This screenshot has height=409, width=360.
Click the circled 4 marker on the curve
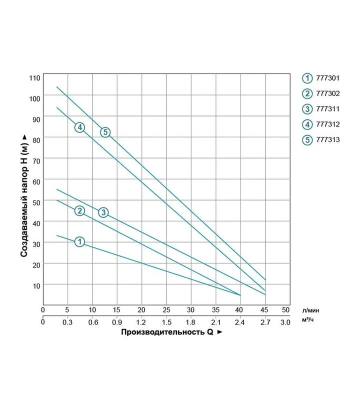(x=79, y=127)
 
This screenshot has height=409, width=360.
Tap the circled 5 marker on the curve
(x=105, y=132)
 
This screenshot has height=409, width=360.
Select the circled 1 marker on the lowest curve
(x=79, y=241)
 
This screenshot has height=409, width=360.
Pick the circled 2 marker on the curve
(x=79, y=211)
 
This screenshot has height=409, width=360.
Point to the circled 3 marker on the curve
(x=103, y=212)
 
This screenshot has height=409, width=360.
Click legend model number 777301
(x=327, y=78)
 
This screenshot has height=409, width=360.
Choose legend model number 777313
(x=328, y=139)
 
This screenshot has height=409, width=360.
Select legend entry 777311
(x=327, y=109)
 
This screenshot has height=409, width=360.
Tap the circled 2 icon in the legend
(x=307, y=93)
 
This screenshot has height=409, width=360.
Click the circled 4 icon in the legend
(x=307, y=124)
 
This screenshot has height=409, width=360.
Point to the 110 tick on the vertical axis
(x=34, y=78)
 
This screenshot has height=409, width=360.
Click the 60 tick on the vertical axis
(x=36, y=182)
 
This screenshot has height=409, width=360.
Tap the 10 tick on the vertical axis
(x=36, y=286)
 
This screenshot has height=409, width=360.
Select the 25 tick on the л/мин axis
(x=166, y=310)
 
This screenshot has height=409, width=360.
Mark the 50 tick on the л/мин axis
(x=285, y=310)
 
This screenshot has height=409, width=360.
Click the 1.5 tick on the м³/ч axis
(x=166, y=322)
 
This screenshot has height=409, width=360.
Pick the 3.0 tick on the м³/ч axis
(x=285, y=322)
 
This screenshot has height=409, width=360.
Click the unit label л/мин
(x=310, y=310)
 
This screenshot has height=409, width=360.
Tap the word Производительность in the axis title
(x=163, y=332)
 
